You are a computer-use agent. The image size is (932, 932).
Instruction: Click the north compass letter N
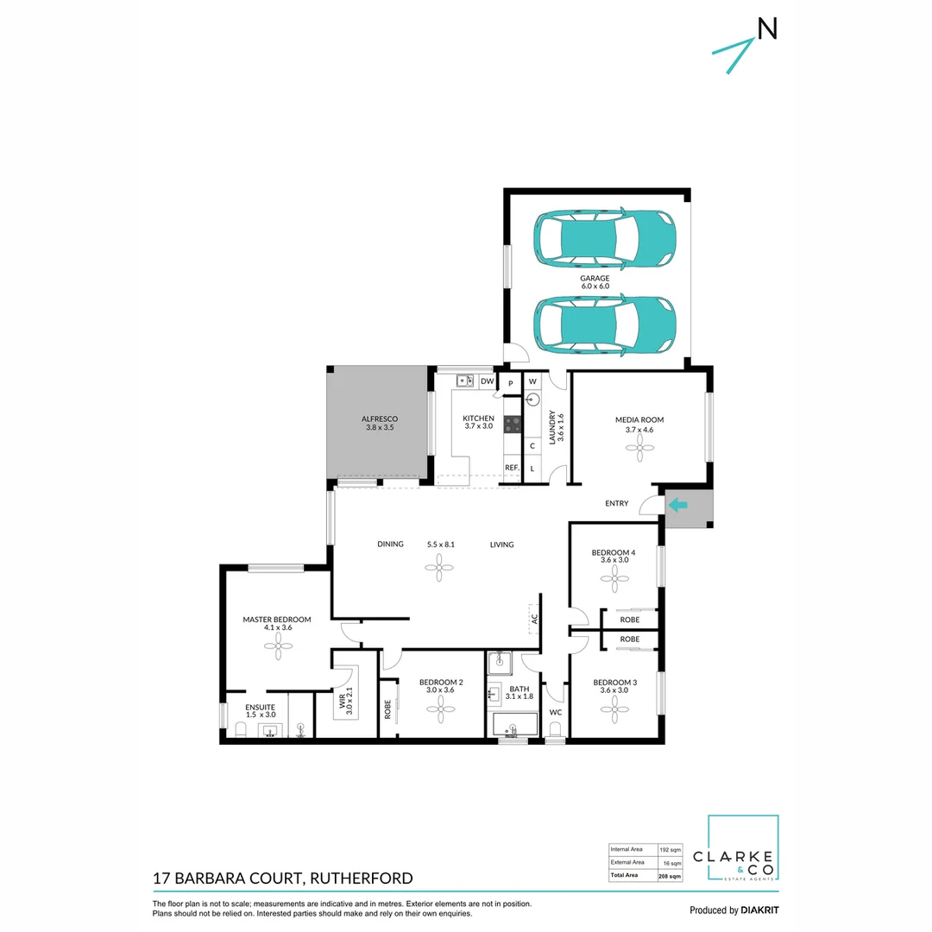coord(767,28)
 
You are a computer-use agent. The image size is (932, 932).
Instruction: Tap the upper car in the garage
coord(604,238)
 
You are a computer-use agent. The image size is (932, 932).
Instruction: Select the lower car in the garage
coord(604,324)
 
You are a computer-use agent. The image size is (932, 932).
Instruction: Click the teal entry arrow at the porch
coord(679,505)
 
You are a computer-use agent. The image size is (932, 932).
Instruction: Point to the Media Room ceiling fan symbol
coord(639,444)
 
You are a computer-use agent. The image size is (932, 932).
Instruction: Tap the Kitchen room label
coord(479,419)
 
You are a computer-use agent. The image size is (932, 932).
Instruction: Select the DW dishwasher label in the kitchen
coord(487,381)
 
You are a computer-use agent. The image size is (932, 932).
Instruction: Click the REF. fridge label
coord(512,469)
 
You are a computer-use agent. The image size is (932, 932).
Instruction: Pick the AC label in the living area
coord(535,619)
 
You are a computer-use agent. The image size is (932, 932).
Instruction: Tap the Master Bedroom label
coord(276,620)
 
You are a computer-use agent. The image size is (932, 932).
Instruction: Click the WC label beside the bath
coord(556,713)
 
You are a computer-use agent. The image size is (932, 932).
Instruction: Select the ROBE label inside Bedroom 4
coord(630,620)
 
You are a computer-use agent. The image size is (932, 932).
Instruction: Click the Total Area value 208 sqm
coord(670,876)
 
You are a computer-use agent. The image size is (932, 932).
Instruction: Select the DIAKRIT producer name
coord(760,910)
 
